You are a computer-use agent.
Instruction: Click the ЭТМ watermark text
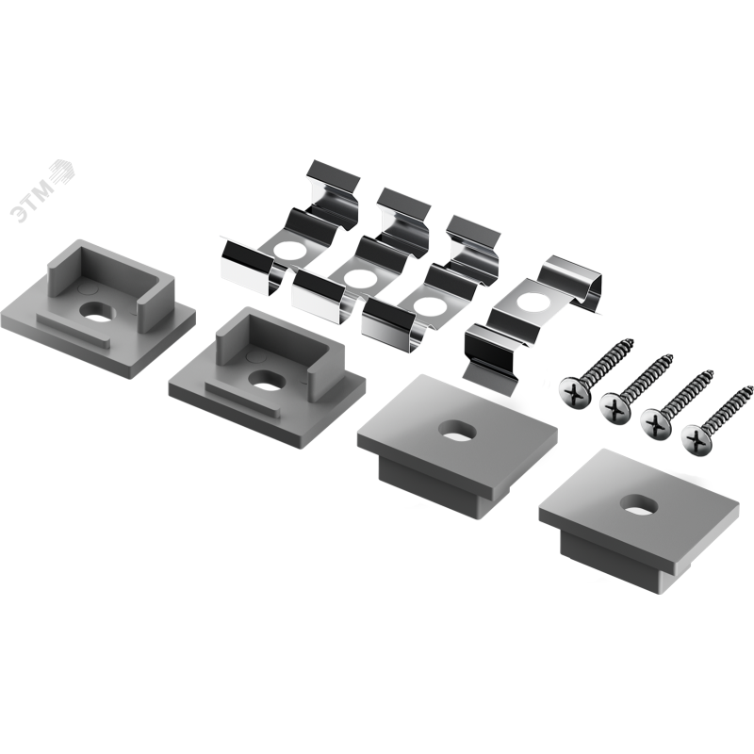coord(33,201)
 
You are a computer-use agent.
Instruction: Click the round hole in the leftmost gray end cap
coord(100,311)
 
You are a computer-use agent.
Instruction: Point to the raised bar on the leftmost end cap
coord(74,331)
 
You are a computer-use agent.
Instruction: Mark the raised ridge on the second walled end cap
coord(242,397)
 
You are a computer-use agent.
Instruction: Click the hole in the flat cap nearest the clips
coord(457,431)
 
